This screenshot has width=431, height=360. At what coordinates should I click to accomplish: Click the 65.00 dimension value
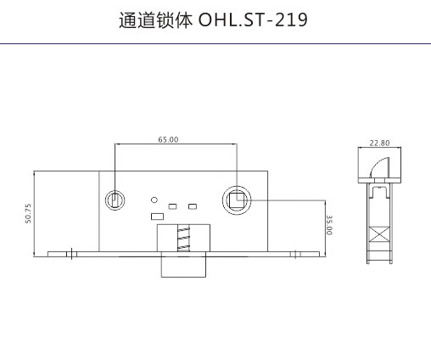(168, 139)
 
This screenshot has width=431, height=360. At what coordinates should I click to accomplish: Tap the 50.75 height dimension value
(28, 214)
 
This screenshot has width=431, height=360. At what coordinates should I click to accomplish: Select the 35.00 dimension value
(329, 225)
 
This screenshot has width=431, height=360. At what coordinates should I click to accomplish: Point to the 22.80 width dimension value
(379, 143)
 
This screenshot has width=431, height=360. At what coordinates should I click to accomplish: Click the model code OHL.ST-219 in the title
(253, 20)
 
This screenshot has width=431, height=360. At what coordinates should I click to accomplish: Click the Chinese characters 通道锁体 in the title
(155, 20)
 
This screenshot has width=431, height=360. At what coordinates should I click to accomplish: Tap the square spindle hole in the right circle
(237, 200)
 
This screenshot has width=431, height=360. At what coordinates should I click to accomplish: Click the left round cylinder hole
(115, 200)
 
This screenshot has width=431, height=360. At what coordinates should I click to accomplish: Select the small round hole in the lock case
(154, 200)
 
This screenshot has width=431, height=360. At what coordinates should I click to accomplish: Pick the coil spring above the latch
(183, 238)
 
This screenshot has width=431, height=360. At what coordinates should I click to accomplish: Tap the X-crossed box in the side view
(379, 234)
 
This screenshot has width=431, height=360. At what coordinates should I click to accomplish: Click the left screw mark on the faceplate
(71, 254)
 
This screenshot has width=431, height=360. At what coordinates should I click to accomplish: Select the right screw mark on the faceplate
(295, 254)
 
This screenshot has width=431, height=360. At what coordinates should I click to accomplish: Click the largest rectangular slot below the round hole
(158, 217)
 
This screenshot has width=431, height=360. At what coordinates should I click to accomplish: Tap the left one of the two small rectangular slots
(172, 206)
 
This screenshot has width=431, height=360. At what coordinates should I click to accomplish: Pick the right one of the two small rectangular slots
(193, 206)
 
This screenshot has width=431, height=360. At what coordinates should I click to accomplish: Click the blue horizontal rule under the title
(215, 44)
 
